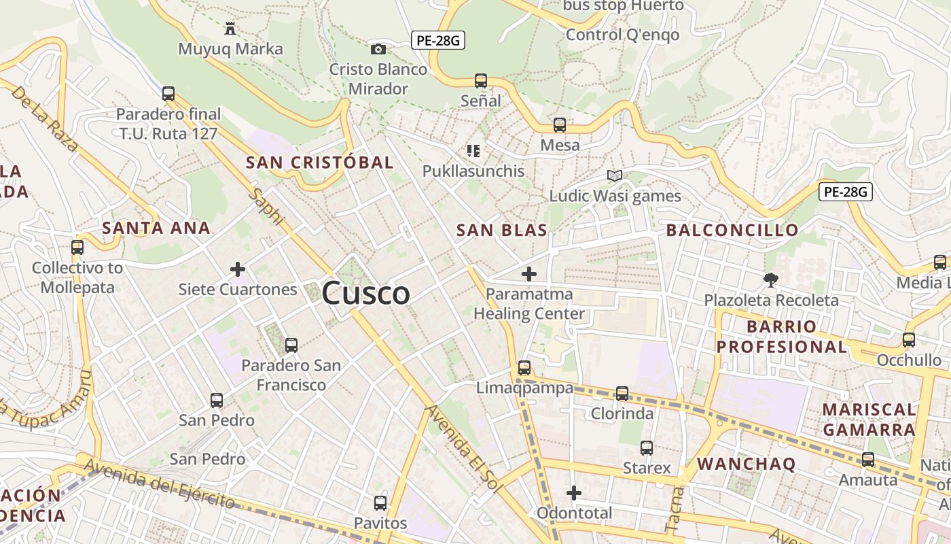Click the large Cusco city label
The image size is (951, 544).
[x=365, y=293]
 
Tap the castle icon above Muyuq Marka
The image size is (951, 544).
[x=230, y=29]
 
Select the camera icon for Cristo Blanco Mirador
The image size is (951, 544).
[x=378, y=49]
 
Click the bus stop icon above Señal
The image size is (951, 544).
[x=481, y=81]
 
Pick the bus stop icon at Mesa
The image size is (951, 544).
[x=560, y=125]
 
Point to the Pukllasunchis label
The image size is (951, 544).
[x=473, y=171]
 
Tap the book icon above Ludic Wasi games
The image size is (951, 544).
[x=615, y=176]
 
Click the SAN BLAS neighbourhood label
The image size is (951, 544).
[x=502, y=230]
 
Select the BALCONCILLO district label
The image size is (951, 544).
[x=732, y=230]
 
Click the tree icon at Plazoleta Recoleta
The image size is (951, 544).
[x=771, y=279]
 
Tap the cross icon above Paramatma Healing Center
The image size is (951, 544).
[x=529, y=274]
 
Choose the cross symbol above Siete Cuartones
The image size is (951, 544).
[x=238, y=269]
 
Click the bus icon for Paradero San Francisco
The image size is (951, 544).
[x=291, y=345]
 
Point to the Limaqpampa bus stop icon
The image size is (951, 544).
[x=524, y=368]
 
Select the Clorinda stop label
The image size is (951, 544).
[x=622, y=413]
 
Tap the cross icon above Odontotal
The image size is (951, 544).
[x=574, y=493]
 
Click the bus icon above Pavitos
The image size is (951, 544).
[x=380, y=503]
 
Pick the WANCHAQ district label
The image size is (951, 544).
[x=746, y=464]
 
